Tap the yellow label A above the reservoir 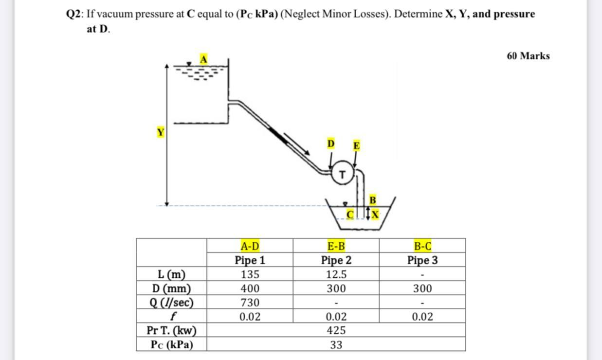coord(204,59)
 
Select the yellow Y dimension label coord(160,132)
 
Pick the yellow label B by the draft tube coord(373,199)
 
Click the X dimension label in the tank coord(375,214)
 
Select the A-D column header coord(250,246)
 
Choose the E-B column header coord(336,246)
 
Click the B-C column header coord(422,246)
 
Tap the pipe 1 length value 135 coord(250,274)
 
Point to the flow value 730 coord(250,303)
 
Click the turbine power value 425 coord(336,331)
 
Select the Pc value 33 coord(336,345)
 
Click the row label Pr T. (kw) coord(171,331)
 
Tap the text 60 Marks coord(528,56)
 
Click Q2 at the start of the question coord(74,14)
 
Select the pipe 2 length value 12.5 coord(336,274)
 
